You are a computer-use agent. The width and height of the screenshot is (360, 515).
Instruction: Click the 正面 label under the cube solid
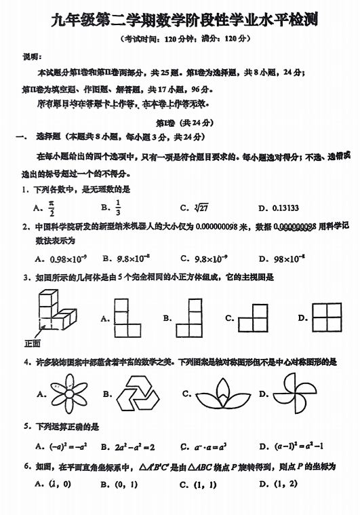coord(32,343)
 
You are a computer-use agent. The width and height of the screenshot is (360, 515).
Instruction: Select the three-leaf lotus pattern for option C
coord(220,394)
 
